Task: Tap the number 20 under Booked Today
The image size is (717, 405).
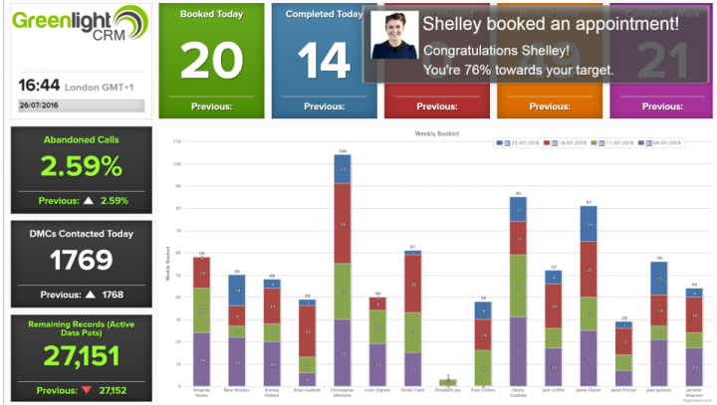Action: tap(211, 61)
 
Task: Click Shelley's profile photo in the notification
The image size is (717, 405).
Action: tap(394, 36)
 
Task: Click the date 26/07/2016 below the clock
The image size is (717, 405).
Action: tap(39, 105)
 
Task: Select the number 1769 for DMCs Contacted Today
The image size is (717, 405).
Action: tap(81, 260)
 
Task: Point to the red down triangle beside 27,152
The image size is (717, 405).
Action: tap(89, 390)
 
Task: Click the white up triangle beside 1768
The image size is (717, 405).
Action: tap(89, 295)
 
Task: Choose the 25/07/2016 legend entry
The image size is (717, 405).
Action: tap(520, 143)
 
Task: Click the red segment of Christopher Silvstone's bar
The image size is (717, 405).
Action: tap(343, 225)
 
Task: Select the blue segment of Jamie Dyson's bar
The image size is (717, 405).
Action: tap(589, 223)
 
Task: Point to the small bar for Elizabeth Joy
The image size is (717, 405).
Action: tap(447, 382)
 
